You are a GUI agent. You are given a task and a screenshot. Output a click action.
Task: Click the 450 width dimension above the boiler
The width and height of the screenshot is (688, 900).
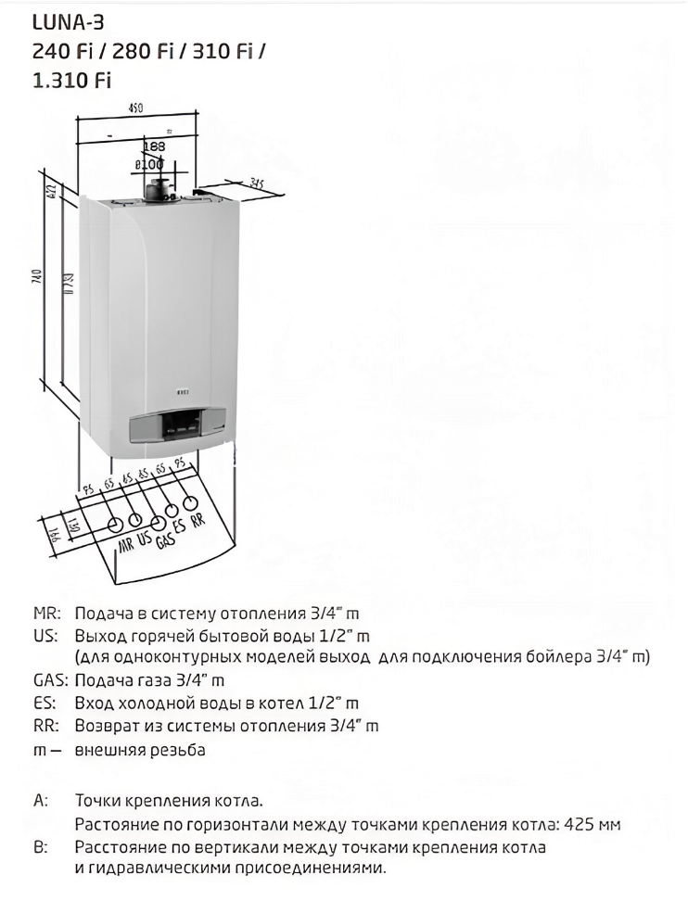click(x=136, y=108)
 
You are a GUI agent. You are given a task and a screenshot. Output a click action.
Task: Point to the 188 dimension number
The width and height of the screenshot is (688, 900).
click(x=154, y=146)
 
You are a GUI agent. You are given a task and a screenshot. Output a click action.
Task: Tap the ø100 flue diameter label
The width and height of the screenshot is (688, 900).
click(x=149, y=163)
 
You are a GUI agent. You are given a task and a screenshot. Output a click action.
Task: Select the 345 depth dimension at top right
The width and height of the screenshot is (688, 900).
click(x=247, y=183)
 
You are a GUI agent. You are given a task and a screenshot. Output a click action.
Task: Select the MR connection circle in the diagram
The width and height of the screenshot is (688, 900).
click(x=116, y=525)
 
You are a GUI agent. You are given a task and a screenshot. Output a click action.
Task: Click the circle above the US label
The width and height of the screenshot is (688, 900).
click(x=135, y=519)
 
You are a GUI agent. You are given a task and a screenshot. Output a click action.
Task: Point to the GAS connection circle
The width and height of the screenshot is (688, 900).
click(x=154, y=514)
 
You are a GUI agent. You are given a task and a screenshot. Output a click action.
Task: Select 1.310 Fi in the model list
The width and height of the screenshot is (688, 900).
click(x=72, y=80)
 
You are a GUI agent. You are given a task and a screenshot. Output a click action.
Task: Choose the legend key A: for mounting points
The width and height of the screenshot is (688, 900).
click(x=40, y=801)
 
